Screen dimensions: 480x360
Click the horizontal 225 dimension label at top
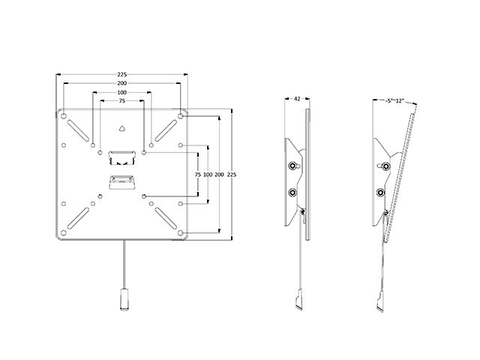[x=121, y=74]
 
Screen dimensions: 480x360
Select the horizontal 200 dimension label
[x=121, y=83]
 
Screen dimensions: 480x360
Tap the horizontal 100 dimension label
[x=121, y=92]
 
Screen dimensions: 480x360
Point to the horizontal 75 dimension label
[x=121, y=101]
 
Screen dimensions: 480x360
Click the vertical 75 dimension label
[x=198, y=175]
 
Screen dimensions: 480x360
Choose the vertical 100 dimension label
[x=208, y=175]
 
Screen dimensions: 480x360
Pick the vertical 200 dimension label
[x=219, y=175]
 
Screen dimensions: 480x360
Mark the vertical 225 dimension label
[x=232, y=175]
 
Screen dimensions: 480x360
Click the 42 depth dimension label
[x=297, y=99]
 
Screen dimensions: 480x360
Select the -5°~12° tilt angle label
[x=395, y=100]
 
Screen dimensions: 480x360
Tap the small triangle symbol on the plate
[x=121, y=128]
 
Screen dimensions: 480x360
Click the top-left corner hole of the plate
[x=64, y=116]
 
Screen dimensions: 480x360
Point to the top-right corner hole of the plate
[x=181, y=116]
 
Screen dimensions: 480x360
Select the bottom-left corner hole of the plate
[x=64, y=233]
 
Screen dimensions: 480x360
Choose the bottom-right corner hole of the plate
[x=181, y=233]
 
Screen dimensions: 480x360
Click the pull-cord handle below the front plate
[x=124, y=299]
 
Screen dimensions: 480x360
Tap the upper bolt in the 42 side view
[x=292, y=166]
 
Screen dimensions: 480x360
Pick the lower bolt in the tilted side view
[x=380, y=193]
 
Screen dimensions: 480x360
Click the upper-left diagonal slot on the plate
[x=78, y=130]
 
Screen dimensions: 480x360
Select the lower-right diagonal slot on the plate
[x=166, y=218]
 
